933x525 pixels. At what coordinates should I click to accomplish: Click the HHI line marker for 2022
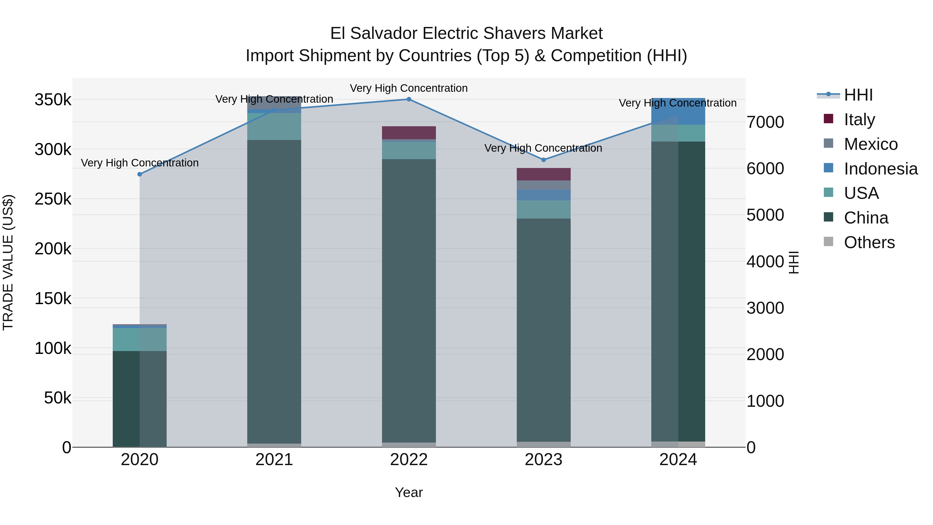[409, 99]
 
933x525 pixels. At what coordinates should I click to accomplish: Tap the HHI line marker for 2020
[140, 174]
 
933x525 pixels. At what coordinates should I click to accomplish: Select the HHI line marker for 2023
[543, 160]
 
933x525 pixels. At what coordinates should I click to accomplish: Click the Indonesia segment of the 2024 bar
[678, 111]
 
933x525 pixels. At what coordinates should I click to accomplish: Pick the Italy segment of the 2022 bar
[409, 132]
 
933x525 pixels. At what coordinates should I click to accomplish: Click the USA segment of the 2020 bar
[140, 339]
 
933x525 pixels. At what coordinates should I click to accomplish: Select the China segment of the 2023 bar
[543, 330]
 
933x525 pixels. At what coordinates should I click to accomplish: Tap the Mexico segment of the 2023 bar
[543, 185]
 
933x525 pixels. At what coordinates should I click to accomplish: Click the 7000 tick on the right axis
[765, 122]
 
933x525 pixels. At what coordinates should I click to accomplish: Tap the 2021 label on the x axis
[274, 460]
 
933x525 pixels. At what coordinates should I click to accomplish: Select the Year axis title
[409, 492]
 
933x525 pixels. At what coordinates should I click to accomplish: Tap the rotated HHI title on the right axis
[794, 262]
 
